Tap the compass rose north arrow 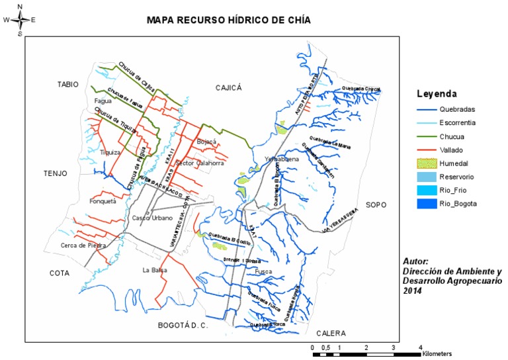click(x=20, y=20)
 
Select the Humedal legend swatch click(x=428, y=163)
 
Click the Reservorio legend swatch click(x=428, y=177)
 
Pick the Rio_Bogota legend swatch click(x=428, y=204)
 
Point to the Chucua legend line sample click(x=428, y=136)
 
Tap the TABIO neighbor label click(x=67, y=84)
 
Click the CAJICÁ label click(x=230, y=87)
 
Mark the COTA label click(x=61, y=273)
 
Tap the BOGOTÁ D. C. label click(x=183, y=326)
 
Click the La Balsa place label click(x=154, y=270)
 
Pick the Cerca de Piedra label click(x=83, y=245)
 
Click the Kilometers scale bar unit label click(x=438, y=354)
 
